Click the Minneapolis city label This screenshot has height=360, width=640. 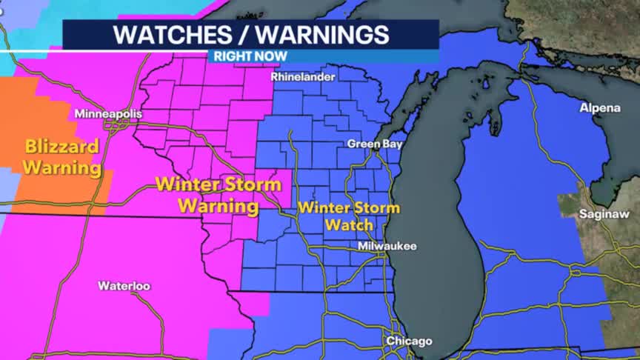click(x=107, y=114)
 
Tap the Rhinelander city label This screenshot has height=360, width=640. click(x=303, y=76)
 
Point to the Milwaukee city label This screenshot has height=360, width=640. click(x=387, y=246)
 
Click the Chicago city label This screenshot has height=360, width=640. click(x=408, y=341)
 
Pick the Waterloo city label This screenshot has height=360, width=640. click(x=124, y=285)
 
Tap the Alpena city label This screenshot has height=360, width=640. click(x=600, y=108)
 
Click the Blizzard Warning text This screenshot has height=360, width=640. click(x=61, y=157)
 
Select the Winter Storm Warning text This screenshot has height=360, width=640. click(x=219, y=195)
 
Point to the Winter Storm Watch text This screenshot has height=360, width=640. click(x=348, y=216)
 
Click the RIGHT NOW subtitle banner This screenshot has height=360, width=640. click(x=250, y=56)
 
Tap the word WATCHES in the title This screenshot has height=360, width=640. click(x=167, y=35)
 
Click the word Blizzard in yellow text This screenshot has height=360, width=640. click(x=61, y=147)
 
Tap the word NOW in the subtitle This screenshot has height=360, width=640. click(x=271, y=56)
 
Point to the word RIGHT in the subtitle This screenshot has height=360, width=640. click(x=233, y=56)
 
